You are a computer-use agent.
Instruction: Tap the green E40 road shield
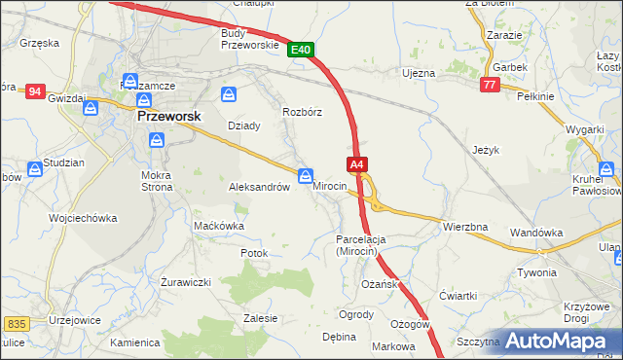[x=301, y=50]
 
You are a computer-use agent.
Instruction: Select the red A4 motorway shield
[x=356, y=165]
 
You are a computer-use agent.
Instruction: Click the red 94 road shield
[x=35, y=91]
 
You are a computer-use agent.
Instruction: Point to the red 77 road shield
[x=490, y=86]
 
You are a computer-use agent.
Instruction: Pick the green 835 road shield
[x=16, y=323]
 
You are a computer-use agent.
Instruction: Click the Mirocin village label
[x=329, y=186]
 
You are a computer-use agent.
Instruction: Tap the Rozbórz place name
[x=302, y=112]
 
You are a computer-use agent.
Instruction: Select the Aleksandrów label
[x=259, y=187]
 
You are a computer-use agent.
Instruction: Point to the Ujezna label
[x=418, y=73]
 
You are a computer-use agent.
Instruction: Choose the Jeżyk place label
[x=486, y=151]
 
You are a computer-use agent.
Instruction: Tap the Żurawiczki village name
[x=186, y=282]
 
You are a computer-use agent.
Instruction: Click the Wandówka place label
[x=537, y=233]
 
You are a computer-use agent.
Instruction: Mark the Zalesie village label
[x=261, y=318]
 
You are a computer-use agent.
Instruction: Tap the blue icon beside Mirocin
[x=305, y=176]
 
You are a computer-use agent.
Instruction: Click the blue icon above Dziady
[x=228, y=94]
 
